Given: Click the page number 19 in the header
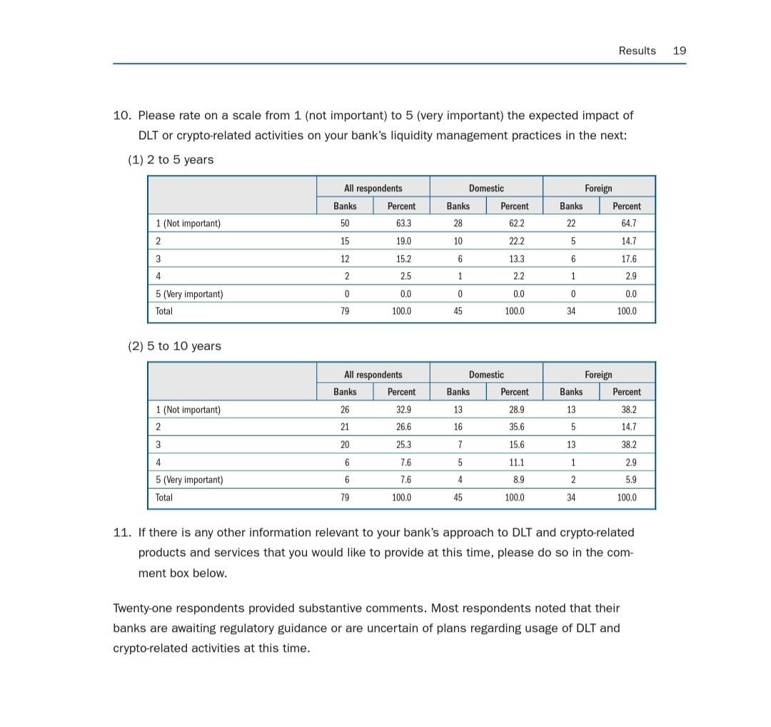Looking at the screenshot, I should (679, 51).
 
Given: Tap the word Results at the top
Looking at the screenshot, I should (637, 51).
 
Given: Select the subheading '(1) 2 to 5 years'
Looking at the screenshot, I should (171, 160).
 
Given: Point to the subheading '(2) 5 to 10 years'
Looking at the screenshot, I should (174, 346).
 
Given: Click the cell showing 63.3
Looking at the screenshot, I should (403, 224).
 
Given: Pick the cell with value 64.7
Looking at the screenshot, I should (628, 224).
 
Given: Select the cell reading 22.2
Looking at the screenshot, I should (516, 241).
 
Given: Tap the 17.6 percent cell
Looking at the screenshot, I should (628, 259).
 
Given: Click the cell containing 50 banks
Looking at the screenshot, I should (346, 224).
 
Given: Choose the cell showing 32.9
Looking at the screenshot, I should (403, 410).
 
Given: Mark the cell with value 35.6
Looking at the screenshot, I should (516, 427).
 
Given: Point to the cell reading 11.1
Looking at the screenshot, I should (516, 463).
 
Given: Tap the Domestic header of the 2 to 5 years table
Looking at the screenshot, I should (486, 189).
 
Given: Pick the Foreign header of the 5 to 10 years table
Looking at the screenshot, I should (598, 375).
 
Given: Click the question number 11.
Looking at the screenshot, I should (122, 533).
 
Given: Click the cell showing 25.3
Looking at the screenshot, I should (403, 445).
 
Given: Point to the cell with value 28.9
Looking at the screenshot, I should (516, 410).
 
